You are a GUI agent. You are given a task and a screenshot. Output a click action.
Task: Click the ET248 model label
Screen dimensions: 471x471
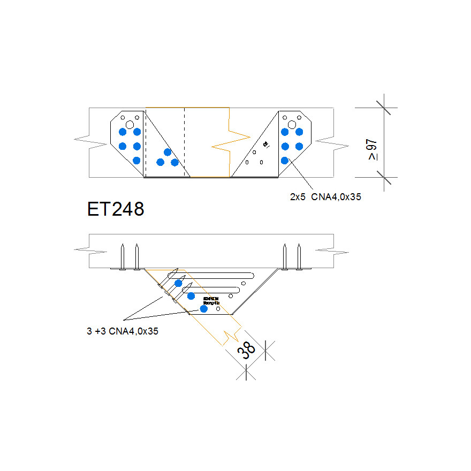pos(116,209)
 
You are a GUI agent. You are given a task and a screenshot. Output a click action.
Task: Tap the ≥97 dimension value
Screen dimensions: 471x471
pos(372,149)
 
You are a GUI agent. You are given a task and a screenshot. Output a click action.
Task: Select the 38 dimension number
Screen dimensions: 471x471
pos(247,351)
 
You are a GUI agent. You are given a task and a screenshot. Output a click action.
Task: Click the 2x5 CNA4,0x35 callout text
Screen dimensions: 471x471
pos(325,196)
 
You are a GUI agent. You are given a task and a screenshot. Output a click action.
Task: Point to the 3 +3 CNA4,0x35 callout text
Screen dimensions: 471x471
pos(123,331)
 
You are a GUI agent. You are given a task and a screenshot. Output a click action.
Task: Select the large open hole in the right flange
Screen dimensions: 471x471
pos(292,124)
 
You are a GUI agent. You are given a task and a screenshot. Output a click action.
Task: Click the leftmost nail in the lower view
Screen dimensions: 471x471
pos(123,257)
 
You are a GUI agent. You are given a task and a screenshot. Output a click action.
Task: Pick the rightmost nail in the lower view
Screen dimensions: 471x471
pos(299,257)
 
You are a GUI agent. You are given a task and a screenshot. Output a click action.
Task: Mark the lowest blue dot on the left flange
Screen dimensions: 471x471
pos(136,160)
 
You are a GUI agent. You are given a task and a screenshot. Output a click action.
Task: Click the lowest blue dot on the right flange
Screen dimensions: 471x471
pos(285,160)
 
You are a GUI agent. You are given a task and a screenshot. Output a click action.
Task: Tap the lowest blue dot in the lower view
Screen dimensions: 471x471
pos(203,308)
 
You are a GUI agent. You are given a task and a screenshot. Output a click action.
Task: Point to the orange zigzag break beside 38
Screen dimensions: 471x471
pos(231,336)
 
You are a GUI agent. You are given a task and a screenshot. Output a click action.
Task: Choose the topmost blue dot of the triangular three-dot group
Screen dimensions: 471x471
pos(168,152)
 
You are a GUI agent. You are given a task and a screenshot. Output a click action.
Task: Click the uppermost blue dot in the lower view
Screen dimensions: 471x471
pos(178,283)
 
